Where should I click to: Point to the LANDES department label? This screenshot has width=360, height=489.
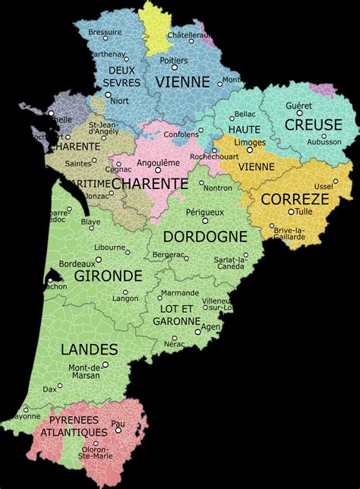click(90, 349)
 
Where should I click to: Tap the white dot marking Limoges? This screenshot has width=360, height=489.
click(251, 150)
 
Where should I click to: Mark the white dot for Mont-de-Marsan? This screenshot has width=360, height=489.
click(106, 364)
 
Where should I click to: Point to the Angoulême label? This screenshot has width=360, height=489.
click(160, 162)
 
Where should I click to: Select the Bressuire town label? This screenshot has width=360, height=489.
click(104, 32)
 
